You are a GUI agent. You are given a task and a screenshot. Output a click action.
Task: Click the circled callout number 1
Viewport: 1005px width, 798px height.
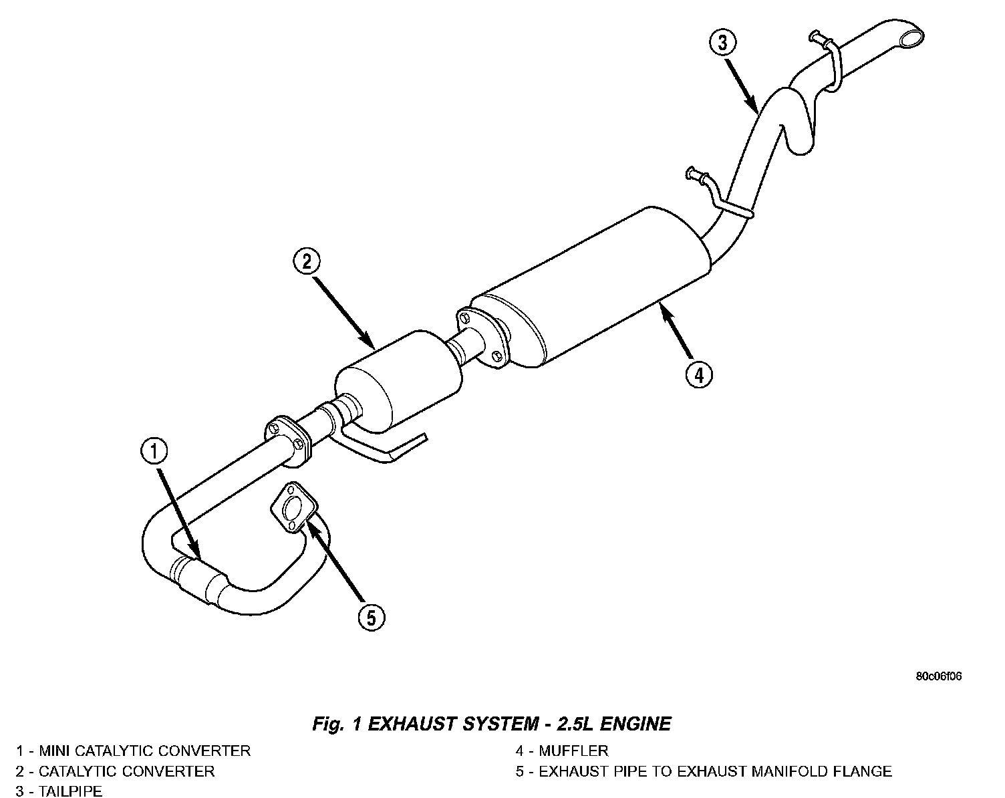pyautogui.click(x=154, y=452)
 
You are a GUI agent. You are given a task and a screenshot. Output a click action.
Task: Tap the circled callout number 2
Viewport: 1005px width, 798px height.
pyautogui.click(x=306, y=261)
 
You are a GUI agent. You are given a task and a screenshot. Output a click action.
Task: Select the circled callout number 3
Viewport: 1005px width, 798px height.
pyautogui.click(x=722, y=43)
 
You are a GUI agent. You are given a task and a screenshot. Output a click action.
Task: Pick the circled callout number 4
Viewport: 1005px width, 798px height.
pyautogui.click(x=698, y=375)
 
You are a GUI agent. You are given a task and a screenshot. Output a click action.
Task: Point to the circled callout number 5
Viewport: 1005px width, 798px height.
pyautogui.click(x=372, y=617)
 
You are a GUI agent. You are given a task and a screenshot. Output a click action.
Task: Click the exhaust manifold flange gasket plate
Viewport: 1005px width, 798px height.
pyautogui.click(x=293, y=509)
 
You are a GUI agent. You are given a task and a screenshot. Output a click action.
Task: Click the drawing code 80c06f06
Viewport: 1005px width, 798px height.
pyautogui.click(x=938, y=676)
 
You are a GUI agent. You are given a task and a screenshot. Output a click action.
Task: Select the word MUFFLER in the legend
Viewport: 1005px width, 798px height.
pyautogui.click(x=573, y=751)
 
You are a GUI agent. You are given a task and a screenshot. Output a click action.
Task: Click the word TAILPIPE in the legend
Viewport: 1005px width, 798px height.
pyautogui.click(x=70, y=791)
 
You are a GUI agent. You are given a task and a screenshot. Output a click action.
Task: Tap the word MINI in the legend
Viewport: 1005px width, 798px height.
pyautogui.click(x=55, y=751)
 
